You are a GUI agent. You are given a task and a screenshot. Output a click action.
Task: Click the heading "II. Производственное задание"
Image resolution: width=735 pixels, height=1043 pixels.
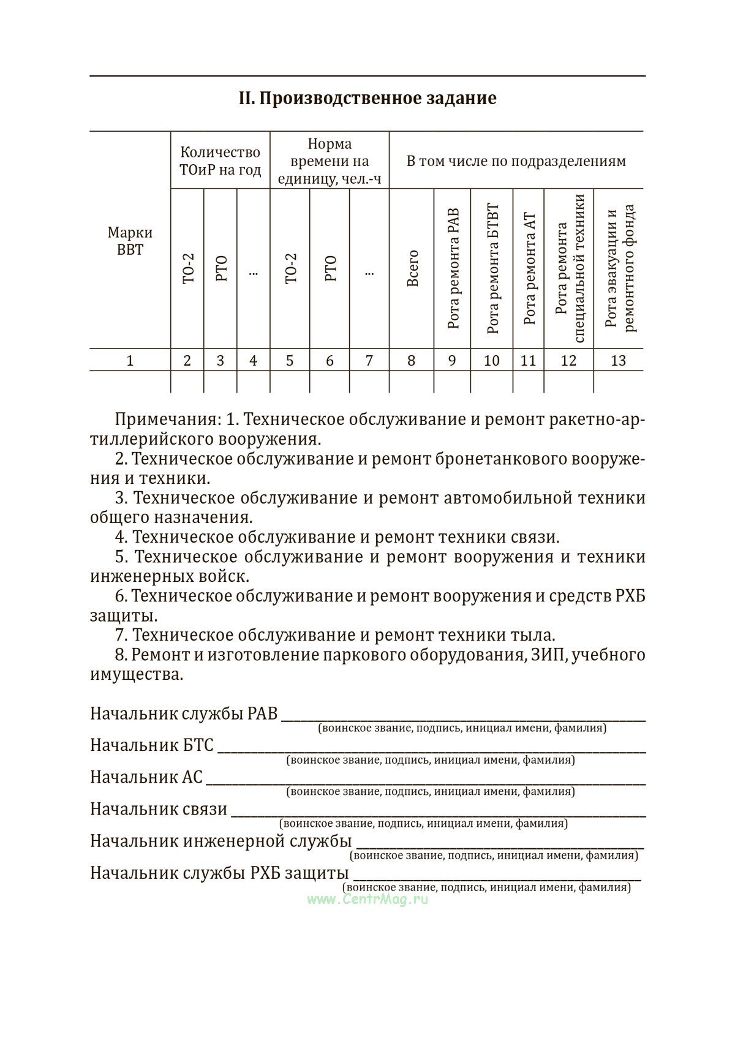tap(367, 99)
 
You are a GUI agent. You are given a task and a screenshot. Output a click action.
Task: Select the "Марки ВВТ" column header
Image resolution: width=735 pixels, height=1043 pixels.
tap(130, 241)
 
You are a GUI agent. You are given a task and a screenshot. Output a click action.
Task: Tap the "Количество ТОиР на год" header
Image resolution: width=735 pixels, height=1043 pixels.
tap(221, 160)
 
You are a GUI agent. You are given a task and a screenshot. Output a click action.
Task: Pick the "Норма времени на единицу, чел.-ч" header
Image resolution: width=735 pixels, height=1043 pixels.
tap(330, 160)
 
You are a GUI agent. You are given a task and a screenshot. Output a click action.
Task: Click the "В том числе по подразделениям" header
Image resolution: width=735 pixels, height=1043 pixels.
tap(516, 161)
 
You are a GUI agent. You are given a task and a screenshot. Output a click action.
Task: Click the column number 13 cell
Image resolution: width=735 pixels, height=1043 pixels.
tap(618, 361)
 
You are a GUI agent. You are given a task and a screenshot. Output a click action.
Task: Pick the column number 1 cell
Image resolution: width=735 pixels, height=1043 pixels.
tap(130, 361)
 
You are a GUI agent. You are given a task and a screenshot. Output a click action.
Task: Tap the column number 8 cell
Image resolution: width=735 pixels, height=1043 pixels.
tap(411, 361)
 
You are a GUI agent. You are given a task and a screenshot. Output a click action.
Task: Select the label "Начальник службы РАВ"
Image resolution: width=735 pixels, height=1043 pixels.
tap(184, 714)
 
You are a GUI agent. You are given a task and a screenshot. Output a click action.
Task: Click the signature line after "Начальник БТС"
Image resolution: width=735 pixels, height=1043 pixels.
tap(432, 748)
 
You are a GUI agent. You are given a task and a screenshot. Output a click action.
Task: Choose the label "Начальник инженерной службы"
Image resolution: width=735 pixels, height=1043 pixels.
tap(221, 841)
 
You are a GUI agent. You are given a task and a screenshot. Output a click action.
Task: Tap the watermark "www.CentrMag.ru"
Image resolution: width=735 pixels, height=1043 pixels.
tap(367, 899)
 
